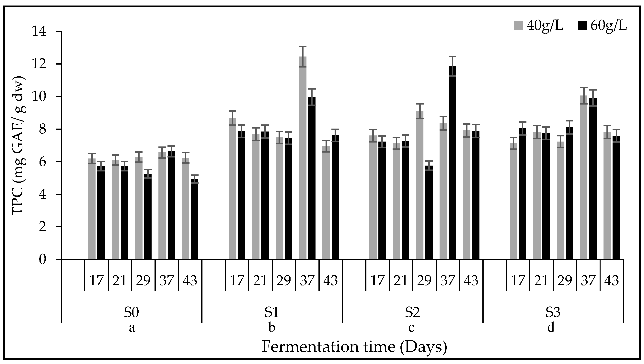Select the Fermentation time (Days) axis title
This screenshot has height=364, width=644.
click(x=354, y=347)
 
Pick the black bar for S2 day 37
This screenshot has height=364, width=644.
click(x=452, y=163)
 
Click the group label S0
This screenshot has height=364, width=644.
click(x=132, y=313)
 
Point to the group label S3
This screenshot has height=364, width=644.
click(x=553, y=313)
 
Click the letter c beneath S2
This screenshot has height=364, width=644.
click(x=411, y=328)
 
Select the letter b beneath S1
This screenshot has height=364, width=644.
click(x=272, y=328)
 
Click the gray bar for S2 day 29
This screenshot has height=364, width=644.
click(x=420, y=185)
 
